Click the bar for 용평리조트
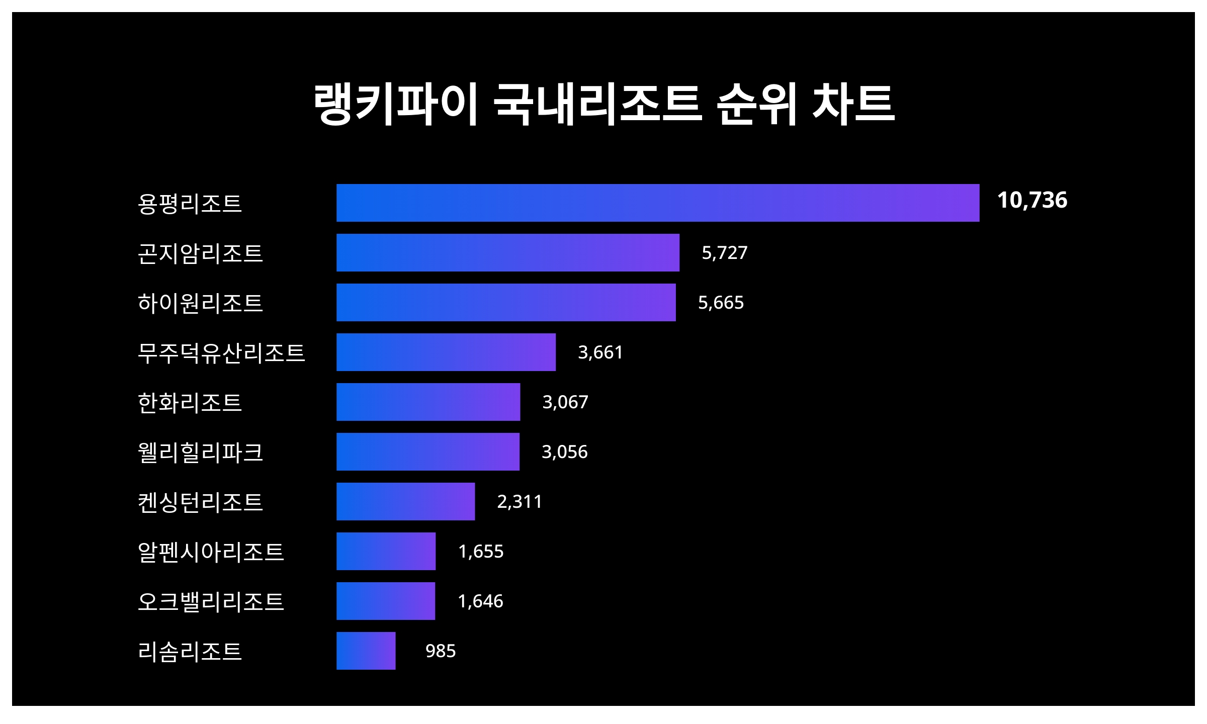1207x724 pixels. [x=658, y=203]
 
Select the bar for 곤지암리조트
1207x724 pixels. [x=508, y=252]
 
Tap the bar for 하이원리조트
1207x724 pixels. [x=506, y=302]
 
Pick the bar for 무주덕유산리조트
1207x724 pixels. [x=446, y=352]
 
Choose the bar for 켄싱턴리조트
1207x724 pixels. [x=405, y=501]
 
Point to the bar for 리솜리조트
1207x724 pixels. [x=366, y=651]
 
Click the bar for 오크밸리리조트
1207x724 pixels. [x=386, y=601]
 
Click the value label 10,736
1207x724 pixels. [x=1032, y=200]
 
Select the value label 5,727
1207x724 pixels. [x=724, y=252]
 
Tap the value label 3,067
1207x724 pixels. [x=565, y=402]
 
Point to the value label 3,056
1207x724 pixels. [x=564, y=451]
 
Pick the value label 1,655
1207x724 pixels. [x=481, y=551]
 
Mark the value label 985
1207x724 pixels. [x=441, y=651]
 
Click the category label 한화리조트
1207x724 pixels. [x=190, y=403]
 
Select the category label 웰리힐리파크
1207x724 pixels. [x=200, y=452]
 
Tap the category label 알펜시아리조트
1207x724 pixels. [x=211, y=552]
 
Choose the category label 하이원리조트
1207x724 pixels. [x=200, y=303]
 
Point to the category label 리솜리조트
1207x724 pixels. [x=190, y=652]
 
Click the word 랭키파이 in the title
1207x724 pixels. [x=395, y=104]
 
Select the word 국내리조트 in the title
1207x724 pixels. [x=597, y=104]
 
